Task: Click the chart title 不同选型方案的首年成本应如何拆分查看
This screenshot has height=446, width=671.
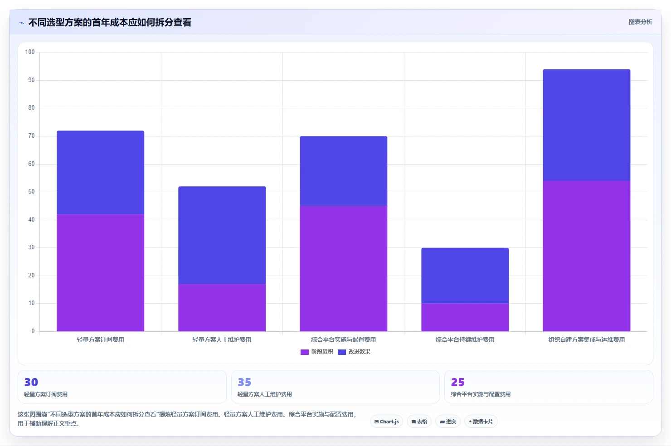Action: (110, 23)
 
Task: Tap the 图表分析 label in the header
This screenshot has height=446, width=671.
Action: (640, 22)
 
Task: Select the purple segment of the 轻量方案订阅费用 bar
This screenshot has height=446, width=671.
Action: (100, 272)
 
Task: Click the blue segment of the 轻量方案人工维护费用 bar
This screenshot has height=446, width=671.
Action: (222, 235)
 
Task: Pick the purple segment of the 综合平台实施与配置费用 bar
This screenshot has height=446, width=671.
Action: (343, 268)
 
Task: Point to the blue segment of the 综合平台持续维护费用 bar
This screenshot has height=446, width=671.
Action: (465, 276)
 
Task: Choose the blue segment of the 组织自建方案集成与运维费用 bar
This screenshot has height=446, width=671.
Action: (587, 125)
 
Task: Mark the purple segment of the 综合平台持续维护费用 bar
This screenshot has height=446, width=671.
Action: (465, 317)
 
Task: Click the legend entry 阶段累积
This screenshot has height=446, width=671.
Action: (317, 352)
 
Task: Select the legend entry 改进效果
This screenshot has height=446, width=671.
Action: (354, 352)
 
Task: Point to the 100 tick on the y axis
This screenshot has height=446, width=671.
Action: (30, 52)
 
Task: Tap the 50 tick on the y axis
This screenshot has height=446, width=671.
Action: (31, 191)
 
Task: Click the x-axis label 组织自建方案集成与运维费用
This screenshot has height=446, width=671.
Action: (587, 339)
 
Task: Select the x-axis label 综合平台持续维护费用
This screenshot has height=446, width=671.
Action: (465, 339)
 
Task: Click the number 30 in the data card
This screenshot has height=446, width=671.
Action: (31, 382)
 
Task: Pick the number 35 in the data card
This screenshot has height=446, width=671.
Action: (244, 382)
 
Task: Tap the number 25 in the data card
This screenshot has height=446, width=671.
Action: (458, 382)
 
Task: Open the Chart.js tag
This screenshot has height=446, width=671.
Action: (386, 422)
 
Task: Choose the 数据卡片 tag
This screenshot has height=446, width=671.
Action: (481, 422)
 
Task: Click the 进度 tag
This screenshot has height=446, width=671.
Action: (448, 422)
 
